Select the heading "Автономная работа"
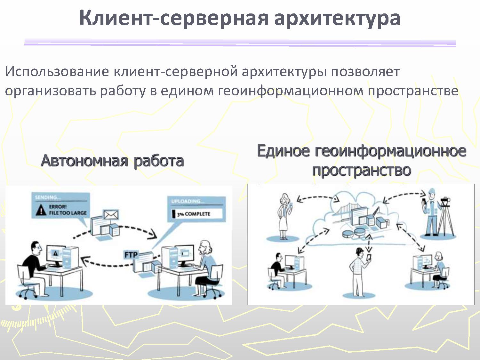pyautogui.click(x=112, y=161)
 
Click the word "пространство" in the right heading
pyautogui.click(x=362, y=171)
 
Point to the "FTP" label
pyautogui.click(x=131, y=255)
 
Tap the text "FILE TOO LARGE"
pyautogui.click(x=68, y=213)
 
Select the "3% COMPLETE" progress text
pyautogui.click(x=194, y=214)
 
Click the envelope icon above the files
pyautogui.click(x=111, y=215)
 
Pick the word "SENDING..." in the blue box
pyautogui.click(x=48, y=197)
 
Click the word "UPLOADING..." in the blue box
pyautogui.click(x=187, y=201)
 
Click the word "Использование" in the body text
pyautogui.click(x=57, y=71)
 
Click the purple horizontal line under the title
pyautogui.click(x=240, y=43)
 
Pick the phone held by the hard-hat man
pyautogui.click(x=369, y=257)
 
